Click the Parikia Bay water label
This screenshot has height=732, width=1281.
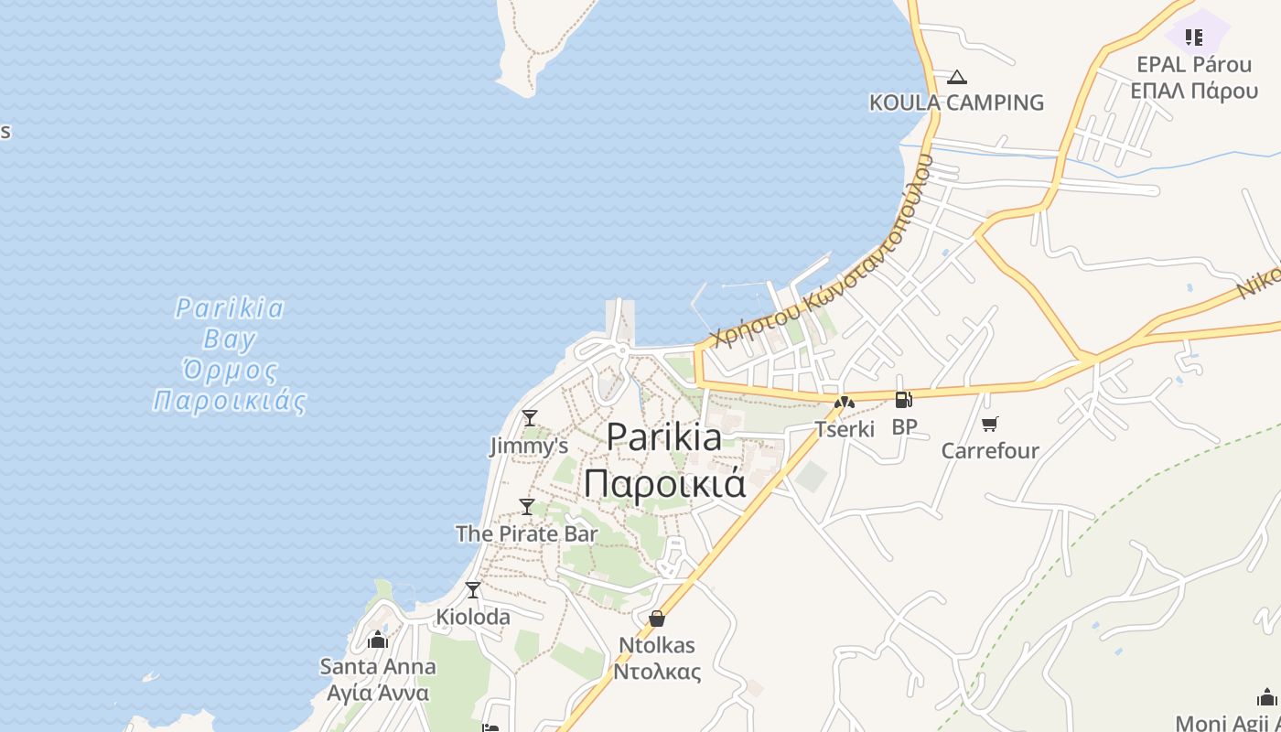coord(230,354)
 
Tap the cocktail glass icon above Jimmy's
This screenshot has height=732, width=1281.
coord(529,418)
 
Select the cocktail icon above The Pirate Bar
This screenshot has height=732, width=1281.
coord(527,506)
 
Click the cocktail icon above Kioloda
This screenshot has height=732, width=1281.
coord(473,590)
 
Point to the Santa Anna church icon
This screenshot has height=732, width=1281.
coord(378,640)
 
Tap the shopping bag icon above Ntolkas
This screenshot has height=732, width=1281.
coord(656,619)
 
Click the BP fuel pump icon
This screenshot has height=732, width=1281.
coord(903,400)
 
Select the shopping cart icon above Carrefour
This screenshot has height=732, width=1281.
coord(989,424)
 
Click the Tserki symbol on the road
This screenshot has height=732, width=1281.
coord(844,402)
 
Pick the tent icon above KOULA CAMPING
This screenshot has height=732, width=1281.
coord(956,77)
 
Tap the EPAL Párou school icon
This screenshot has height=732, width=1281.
coord(1193,38)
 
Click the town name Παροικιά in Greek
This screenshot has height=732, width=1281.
coord(665,483)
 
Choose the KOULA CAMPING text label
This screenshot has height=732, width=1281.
coord(956,102)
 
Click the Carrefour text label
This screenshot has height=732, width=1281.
coord(990,450)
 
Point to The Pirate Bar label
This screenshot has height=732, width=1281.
coord(526,533)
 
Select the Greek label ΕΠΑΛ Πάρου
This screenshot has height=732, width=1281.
coord(1193,91)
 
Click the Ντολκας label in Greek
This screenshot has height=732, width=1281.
coord(657,672)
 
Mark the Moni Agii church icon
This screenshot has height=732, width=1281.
coord(1266,697)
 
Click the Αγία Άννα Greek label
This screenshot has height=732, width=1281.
coord(378,692)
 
